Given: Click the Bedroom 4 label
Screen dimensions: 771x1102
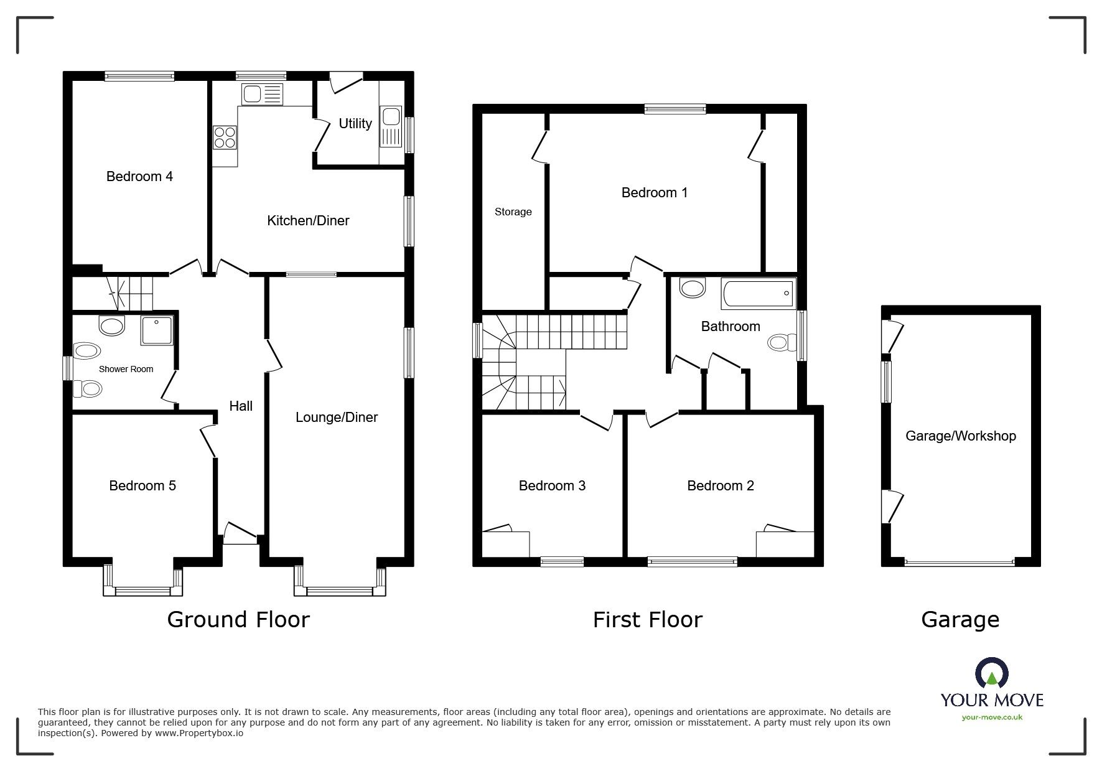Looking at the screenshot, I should pos(139,177).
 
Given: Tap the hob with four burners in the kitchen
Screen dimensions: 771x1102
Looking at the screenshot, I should pos(225,137).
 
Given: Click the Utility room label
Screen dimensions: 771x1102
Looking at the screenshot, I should pos(355,124).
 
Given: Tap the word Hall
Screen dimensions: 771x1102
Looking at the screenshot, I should pos(241,406).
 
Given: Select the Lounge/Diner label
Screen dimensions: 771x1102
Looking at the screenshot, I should pos(336,418).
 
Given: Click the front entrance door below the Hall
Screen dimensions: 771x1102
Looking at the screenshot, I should pos(240,534).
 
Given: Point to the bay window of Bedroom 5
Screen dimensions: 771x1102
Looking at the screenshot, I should pos(143,589).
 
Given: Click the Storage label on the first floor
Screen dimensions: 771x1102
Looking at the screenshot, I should pos(513,212).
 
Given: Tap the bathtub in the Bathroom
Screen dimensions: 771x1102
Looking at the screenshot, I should pos(758,293).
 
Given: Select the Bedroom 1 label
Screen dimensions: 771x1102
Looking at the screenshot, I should pos(655,193).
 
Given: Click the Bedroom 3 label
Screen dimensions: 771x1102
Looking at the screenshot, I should pos(552,486).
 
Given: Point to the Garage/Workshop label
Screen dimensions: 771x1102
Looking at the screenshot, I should pos(960,436).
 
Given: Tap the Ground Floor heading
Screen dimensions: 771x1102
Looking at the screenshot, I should pos(238,620).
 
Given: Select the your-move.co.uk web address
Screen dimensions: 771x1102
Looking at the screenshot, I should pos(992,717).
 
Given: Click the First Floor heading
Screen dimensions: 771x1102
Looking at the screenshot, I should pos(647,620).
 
